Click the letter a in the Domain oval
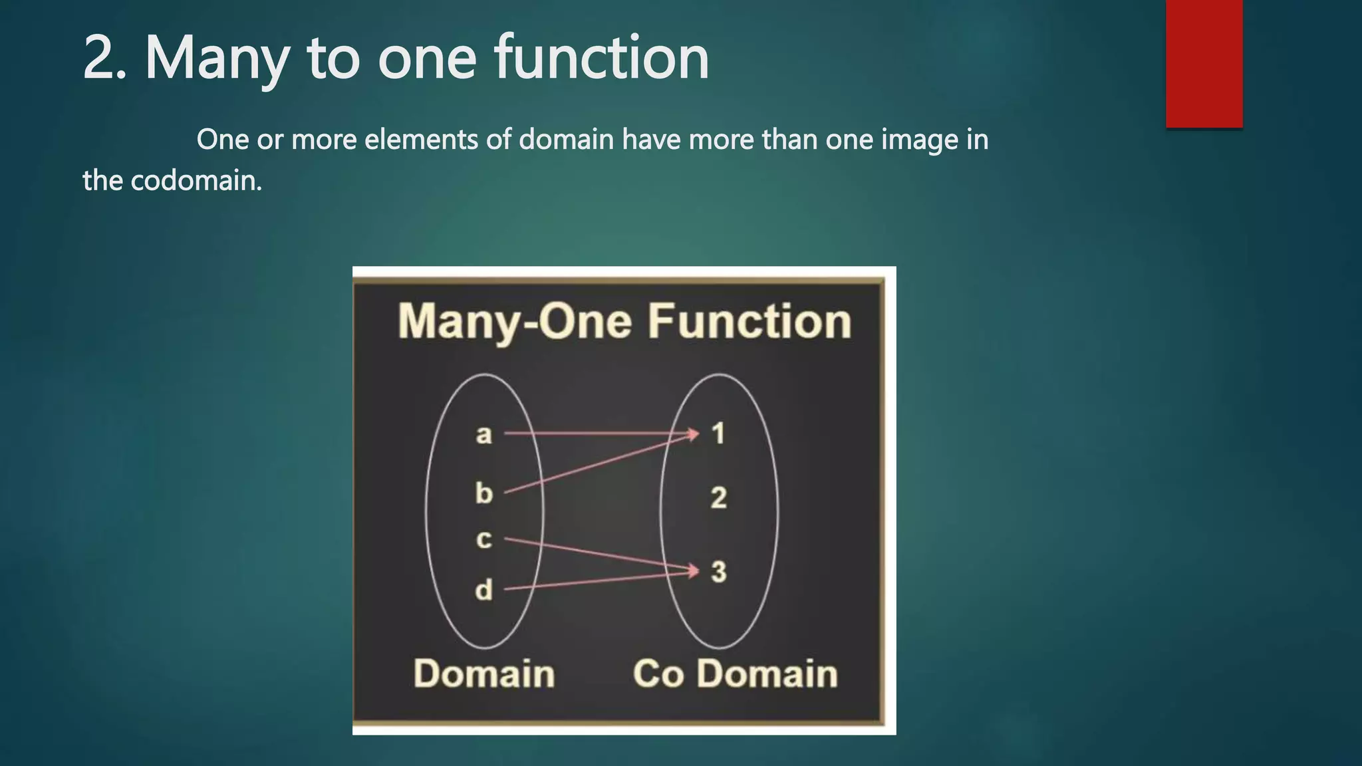click(x=483, y=435)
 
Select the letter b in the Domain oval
click(x=483, y=493)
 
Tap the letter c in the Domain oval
click(x=483, y=539)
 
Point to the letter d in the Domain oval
click(x=483, y=590)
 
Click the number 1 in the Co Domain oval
click(x=718, y=434)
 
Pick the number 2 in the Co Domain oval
click(x=718, y=498)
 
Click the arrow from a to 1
click(x=599, y=434)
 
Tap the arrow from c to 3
click(x=599, y=555)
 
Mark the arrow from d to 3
click(x=599, y=580)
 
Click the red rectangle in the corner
click(x=1204, y=63)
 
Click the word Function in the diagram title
click(x=749, y=322)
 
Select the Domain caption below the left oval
click(x=484, y=674)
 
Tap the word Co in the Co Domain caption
click(x=658, y=674)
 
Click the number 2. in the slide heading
click(x=105, y=59)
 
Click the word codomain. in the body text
click(x=196, y=181)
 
